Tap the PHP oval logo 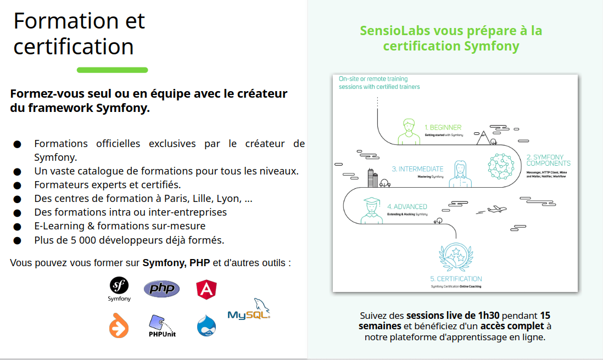(161, 289)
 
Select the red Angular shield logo (206, 289)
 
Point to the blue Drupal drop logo (206, 325)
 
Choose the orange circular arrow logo (118, 325)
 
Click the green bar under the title (112, 70)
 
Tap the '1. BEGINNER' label (443, 127)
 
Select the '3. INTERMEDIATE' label (417, 168)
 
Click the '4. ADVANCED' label (407, 207)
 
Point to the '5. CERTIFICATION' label (456, 279)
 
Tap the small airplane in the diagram (495, 209)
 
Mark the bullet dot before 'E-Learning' (17, 227)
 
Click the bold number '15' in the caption (545, 316)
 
